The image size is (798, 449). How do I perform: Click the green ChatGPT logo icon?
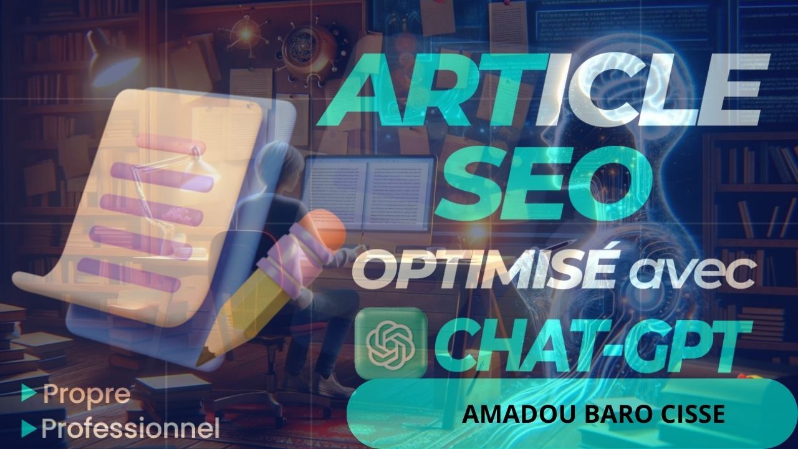point(391,342)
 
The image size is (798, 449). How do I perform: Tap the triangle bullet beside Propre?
point(29,393)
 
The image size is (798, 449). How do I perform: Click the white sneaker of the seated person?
point(334,385)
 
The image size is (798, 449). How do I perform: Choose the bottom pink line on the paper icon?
point(128,275)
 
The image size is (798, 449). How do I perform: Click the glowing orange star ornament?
point(246,34)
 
